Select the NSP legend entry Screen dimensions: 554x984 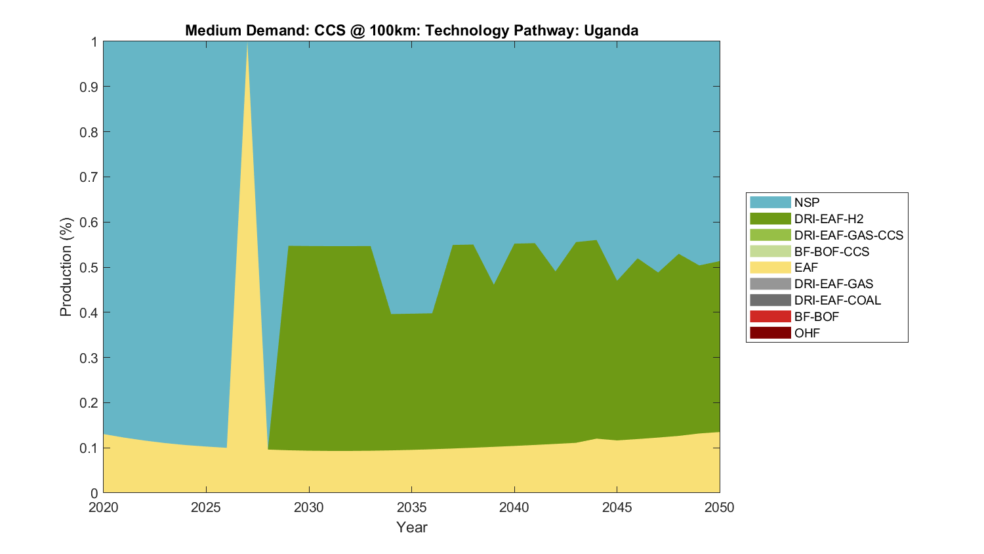point(807,202)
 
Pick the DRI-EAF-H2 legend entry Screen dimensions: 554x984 point(829,219)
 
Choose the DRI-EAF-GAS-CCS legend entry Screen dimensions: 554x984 point(848,235)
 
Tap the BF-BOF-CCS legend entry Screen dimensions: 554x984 point(831,251)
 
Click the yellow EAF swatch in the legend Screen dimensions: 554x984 point(770,268)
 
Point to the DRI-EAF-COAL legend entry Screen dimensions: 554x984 point(837,300)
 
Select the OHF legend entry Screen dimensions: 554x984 point(807,333)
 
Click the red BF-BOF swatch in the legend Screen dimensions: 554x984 point(770,316)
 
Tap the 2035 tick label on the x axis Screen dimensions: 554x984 point(411,507)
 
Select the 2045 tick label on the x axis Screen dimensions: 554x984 point(617,507)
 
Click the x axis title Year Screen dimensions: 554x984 point(411,527)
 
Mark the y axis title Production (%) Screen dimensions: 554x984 point(66,267)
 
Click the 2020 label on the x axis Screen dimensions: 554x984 point(104,507)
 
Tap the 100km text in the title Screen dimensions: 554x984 point(392,30)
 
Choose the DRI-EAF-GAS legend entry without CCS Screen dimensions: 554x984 point(833,284)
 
